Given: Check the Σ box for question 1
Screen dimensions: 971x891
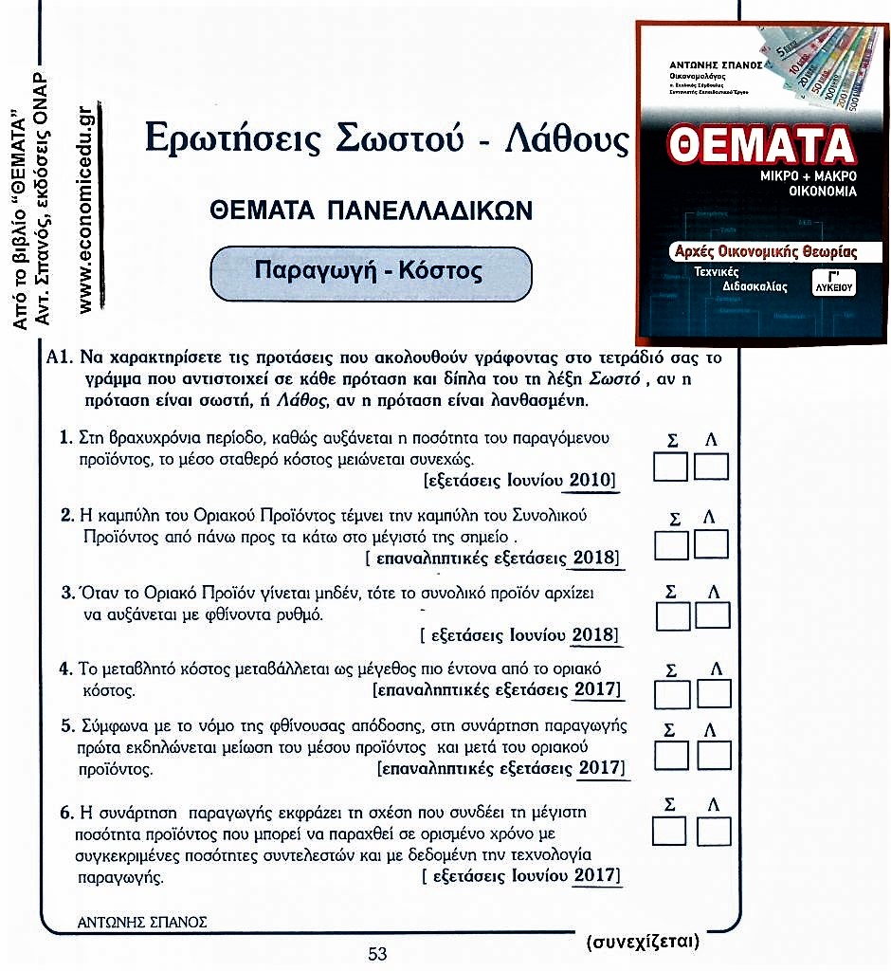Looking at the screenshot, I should click(673, 467).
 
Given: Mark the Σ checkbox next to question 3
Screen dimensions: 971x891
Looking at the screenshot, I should click(674, 615).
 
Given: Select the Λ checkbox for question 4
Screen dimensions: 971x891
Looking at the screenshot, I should click(713, 693).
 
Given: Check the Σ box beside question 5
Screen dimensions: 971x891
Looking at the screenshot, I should click(673, 755).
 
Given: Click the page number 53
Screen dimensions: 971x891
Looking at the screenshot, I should click(378, 954).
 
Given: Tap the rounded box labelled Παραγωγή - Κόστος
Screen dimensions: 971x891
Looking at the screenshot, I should click(369, 270).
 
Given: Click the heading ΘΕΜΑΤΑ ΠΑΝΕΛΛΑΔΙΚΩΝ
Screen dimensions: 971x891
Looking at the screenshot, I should click(371, 210).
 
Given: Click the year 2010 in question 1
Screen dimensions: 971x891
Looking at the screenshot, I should click(591, 481).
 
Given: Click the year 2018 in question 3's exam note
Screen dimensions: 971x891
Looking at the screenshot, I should click(594, 633).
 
